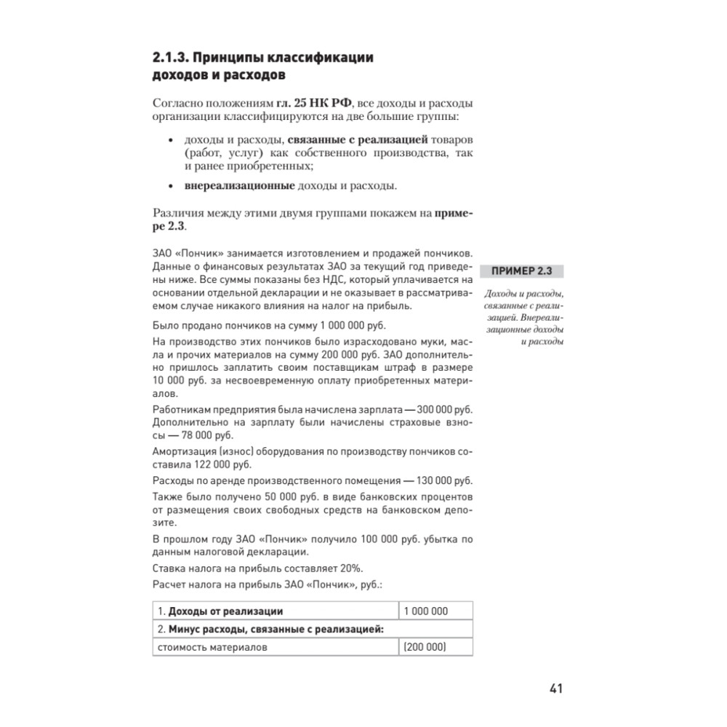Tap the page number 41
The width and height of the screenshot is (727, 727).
pos(555,687)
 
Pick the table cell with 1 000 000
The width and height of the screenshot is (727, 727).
pos(425,611)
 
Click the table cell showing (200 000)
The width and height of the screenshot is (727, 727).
pos(425,647)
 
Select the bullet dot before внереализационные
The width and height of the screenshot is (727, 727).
pos(170,186)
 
